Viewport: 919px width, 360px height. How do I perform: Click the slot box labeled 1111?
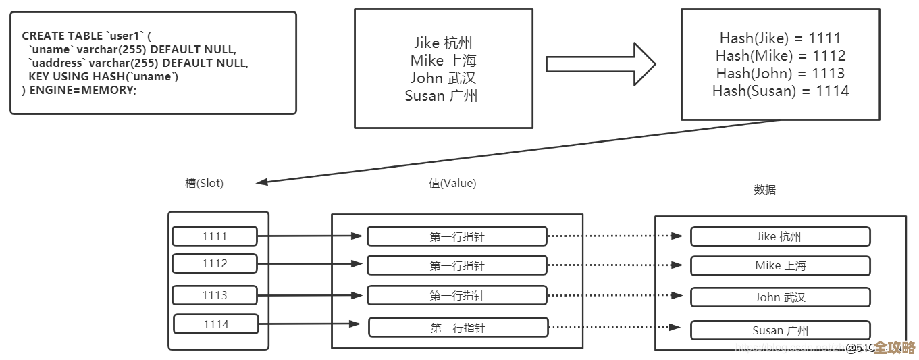click(214, 236)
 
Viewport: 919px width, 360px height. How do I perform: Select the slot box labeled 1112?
click(214, 263)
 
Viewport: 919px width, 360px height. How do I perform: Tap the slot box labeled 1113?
click(214, 295)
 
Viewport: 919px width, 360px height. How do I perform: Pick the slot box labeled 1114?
click(215, 324)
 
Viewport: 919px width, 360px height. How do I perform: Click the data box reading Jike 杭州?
click(779, 236)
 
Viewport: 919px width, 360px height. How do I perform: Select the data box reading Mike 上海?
click(779, 265)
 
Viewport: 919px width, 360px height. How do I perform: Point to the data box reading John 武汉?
click(779, 297)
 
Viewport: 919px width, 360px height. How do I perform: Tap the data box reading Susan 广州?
click(779, 330)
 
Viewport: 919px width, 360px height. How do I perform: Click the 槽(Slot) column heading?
click(204, 183)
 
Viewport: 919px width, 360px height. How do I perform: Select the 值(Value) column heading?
click(452, 183)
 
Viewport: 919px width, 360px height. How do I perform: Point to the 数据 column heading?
click(764, 190)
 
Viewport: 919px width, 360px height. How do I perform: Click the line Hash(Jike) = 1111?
click(780, 38)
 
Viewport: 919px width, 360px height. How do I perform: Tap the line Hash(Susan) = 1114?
click(780, 91)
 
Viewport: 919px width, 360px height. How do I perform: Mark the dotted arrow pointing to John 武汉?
click(617, 295)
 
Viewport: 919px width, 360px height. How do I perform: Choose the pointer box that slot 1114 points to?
click(457, 328)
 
